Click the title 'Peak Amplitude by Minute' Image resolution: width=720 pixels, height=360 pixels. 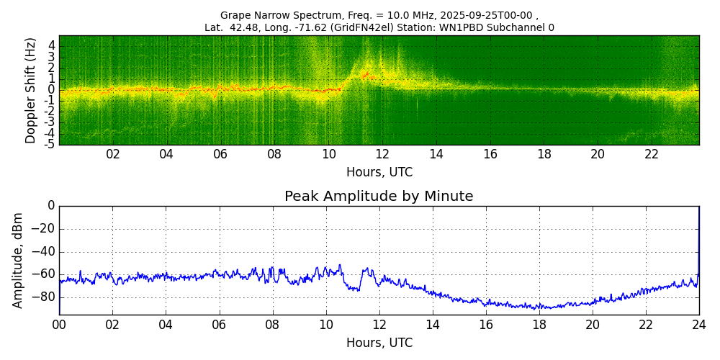coord(379,197)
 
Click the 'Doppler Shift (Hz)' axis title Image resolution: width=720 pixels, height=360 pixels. coord(30,90)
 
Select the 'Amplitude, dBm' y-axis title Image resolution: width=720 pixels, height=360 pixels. coord(18,260)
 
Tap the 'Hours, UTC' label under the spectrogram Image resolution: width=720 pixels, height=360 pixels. coord(379,173)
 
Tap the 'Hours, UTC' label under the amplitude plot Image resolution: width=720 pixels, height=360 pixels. coord(379,343)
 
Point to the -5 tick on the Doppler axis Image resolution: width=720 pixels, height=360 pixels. coord(50,144)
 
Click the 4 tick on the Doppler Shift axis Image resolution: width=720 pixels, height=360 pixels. coord(52,45)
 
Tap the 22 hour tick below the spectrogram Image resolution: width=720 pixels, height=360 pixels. coord(652,155)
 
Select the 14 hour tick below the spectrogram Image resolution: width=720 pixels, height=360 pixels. coord(436,155)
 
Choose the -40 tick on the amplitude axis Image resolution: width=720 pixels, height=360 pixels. coord(44,252)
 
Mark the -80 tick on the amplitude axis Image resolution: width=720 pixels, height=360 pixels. coord(44,297)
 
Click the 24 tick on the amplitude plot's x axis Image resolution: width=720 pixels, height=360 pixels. coord(699,325)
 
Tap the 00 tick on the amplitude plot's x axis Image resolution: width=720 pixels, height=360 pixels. coord(59,325)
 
